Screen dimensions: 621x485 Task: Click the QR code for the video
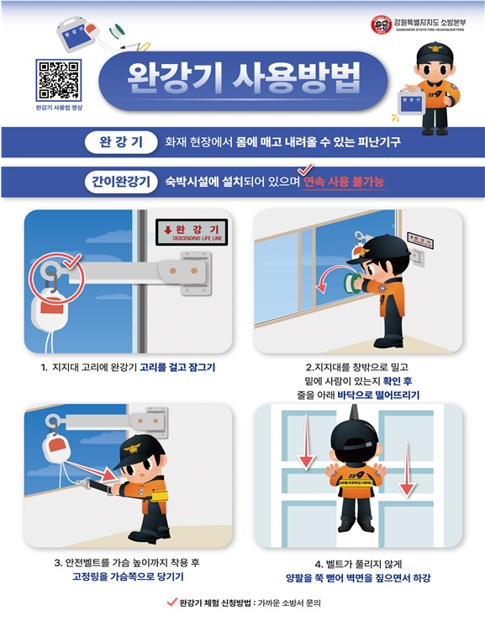pos(57,80)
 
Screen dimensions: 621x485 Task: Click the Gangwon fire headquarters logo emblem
pos(381,25)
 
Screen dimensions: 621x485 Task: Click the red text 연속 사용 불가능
pos(344,182)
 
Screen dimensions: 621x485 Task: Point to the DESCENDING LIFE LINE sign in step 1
pos(192,231)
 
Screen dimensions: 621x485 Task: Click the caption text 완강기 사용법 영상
pos(59,109)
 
